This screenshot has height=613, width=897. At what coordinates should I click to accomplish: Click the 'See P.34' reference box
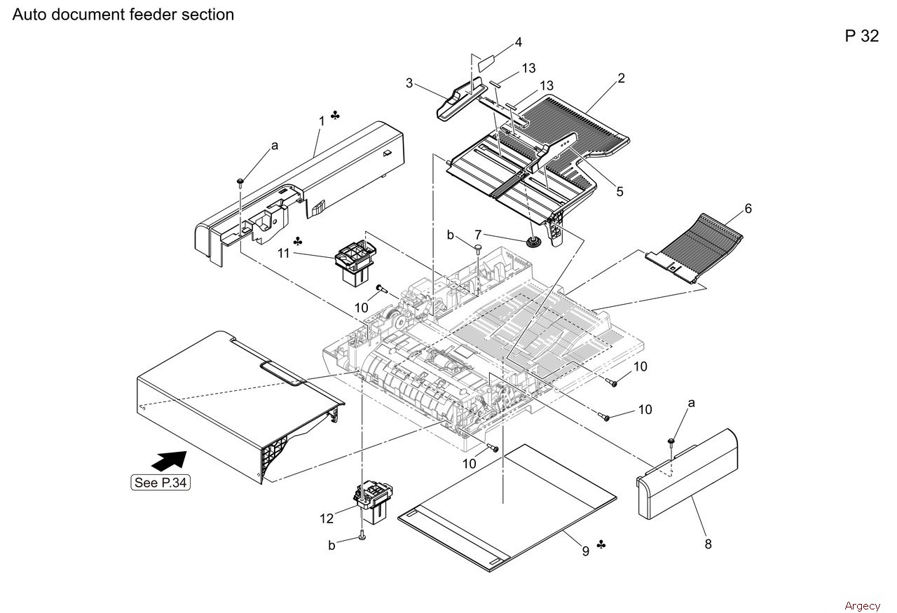160,483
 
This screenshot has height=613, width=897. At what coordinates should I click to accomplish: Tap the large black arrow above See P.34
168,461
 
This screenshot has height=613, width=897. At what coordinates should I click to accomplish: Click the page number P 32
861,36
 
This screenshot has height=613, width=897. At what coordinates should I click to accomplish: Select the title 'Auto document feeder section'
123,14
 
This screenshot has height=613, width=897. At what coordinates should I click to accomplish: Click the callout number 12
327,518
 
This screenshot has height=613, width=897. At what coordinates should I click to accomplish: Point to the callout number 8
708,544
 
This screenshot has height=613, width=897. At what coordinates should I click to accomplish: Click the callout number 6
748,209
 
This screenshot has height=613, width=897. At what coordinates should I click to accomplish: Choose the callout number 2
621,78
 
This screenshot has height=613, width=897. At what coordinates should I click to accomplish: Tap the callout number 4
519,42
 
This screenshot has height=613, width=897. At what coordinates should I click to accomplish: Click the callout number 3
409,83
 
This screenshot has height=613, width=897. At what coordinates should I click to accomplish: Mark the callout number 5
619,191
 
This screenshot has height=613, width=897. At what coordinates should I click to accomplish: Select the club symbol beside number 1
336,115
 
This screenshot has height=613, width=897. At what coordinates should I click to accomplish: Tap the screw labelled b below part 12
362,536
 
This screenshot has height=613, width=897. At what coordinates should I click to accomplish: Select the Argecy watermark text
862,606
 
